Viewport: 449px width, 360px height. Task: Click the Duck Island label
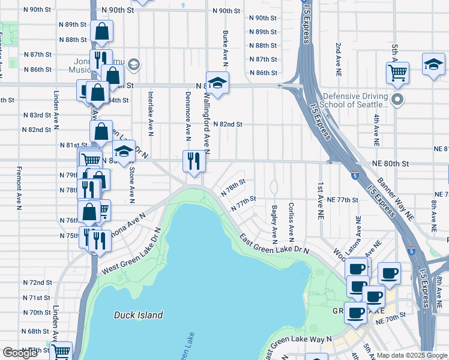(x=138, y=314)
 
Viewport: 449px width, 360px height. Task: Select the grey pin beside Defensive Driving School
(x=396, y=98)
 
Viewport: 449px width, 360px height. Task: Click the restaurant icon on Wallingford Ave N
(x=192, y=161)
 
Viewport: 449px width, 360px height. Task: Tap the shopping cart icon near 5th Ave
(x=397, y=73)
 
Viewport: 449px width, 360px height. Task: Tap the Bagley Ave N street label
(x=274, y=220)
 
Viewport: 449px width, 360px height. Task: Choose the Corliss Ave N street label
(x=291, y=220)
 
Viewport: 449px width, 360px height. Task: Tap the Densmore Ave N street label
(x=188, y=112)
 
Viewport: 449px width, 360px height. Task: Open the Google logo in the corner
(x=20, y=353)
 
